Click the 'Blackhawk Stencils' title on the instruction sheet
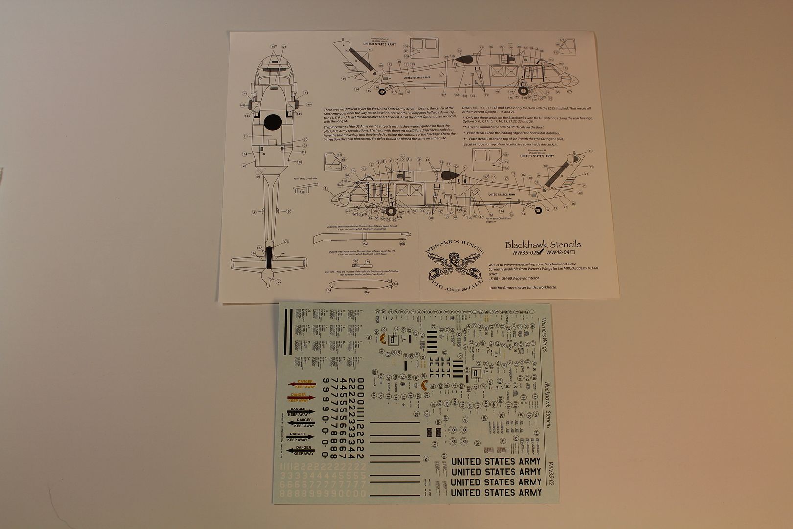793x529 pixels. [542, 244]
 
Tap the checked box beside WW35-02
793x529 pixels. [540, 253]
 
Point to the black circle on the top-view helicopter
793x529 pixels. [273, 122]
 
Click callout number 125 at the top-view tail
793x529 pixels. [279, 282]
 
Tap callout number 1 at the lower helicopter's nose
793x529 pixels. [325, 188]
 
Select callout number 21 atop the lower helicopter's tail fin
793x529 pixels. [590, 151]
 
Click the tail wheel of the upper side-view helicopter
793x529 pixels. [382, 91]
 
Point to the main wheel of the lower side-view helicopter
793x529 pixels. [391, 211]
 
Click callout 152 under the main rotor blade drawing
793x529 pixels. [365, 244]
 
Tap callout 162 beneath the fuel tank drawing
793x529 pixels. [367, 292]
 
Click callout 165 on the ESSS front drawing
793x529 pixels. [302, 192]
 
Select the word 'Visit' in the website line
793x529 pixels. [493, 264]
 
